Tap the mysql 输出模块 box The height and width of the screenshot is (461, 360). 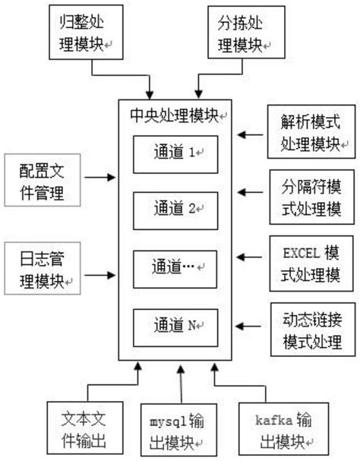pyautogui.click(x=181, y=430)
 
